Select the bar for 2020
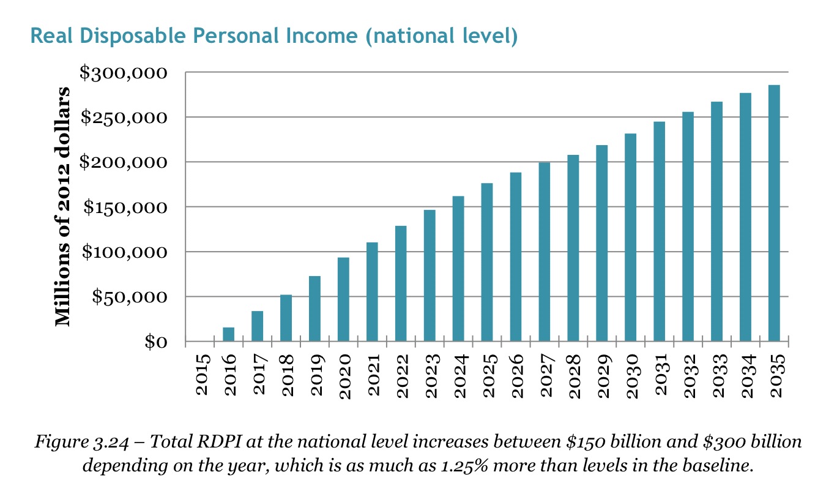[x=343, y=299]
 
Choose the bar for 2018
[x=286, y=318]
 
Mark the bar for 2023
[x=430, y=275]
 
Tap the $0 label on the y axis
[x=155, y=342]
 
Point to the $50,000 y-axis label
[x=129, y=297]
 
